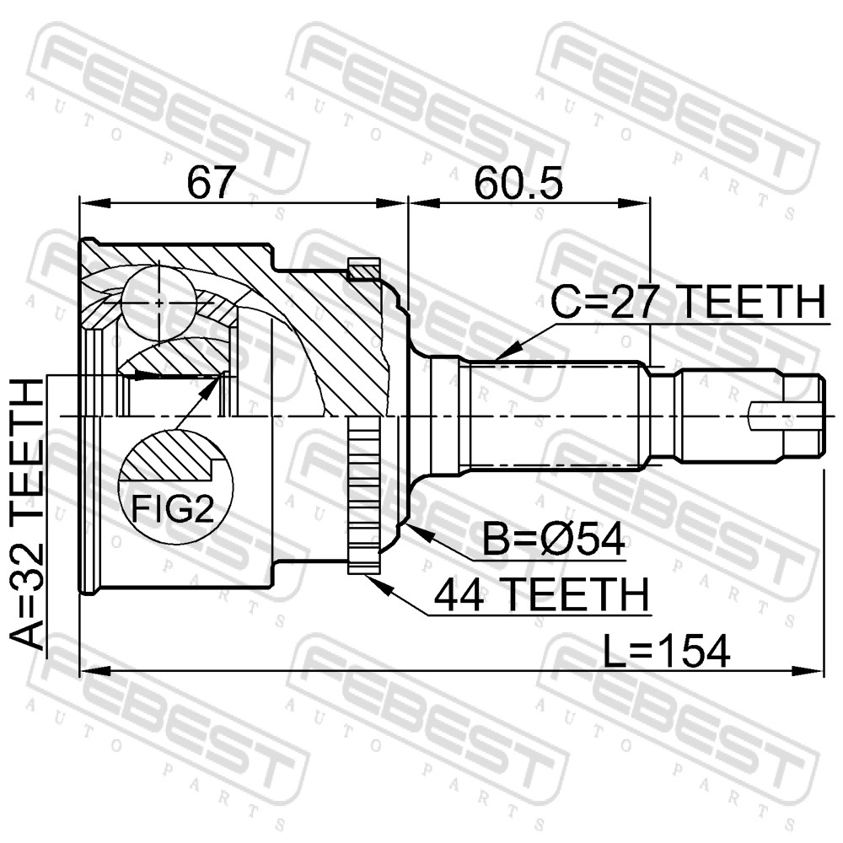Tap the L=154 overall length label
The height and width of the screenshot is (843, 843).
click(x=666, y=651)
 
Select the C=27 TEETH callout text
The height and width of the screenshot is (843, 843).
click(x=688, y=302)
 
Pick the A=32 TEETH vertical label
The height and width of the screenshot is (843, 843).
click(x=27, y=513)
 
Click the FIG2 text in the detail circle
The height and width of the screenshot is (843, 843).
click(x=173, y=509)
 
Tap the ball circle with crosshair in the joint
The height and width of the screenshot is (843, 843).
click(x=158, y=303)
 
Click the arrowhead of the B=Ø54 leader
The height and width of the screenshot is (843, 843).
click(x=416, y=530)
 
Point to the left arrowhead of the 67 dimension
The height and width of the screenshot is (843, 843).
click(x=95, y=202)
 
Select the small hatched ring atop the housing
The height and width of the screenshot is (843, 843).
click(x=364, y=269)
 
